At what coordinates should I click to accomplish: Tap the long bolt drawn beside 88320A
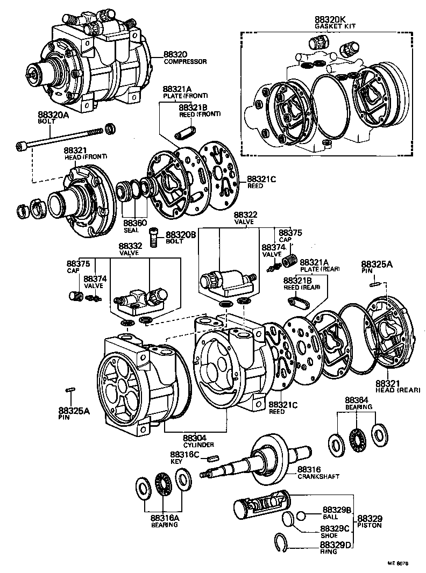(x=59, y=139)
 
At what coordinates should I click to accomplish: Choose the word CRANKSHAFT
(x=318, y=476)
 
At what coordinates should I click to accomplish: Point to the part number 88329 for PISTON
(x=369, y=518)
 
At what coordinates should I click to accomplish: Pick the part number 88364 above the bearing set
(x=356, y=400)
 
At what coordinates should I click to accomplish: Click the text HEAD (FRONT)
(x=86, y=156)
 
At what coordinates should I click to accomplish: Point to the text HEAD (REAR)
(x=397, y=390)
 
